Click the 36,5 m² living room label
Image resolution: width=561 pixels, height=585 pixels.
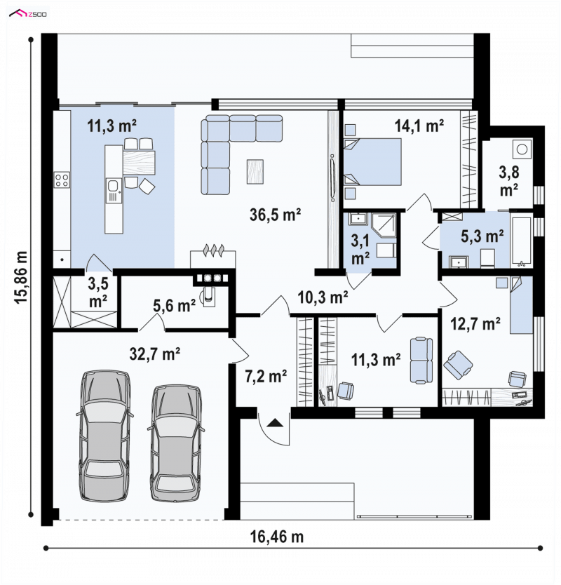[x=276, y=215]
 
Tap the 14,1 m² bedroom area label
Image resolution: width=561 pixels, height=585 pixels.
[x=419, y=126]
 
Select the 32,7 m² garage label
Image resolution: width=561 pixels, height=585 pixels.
[x=155, y=354]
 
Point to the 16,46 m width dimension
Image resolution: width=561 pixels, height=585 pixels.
[x=277, y=537]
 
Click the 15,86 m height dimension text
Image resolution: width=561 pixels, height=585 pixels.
[x=21, y=276]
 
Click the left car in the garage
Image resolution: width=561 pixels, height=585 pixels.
[x=104, y=435]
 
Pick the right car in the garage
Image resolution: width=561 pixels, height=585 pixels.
[x=176, y=443]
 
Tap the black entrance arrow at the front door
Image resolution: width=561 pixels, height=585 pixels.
[x=276, y=423]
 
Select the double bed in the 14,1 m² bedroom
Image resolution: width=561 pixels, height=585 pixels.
[x=372, y=162]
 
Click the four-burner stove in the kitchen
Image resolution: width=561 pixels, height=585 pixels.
[x=62, y=180]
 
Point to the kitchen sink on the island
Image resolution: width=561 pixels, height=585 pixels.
[x=113, y=191]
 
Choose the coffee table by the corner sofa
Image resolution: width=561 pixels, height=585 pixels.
[x=255, y=171]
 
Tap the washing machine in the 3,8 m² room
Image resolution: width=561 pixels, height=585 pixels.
[x=522, y=149]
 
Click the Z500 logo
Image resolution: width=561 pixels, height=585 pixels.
[x=29, y=14]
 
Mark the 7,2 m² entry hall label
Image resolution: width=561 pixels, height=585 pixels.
[x=266, y=377]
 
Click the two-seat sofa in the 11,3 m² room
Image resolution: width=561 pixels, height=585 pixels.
[x=421, y=360]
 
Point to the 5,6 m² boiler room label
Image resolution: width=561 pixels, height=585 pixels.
[x=174, y=306]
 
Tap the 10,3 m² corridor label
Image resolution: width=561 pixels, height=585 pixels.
[x=323, y=297]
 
